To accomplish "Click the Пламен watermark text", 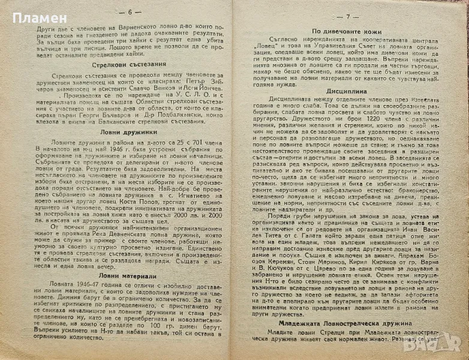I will tap(22, 11).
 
